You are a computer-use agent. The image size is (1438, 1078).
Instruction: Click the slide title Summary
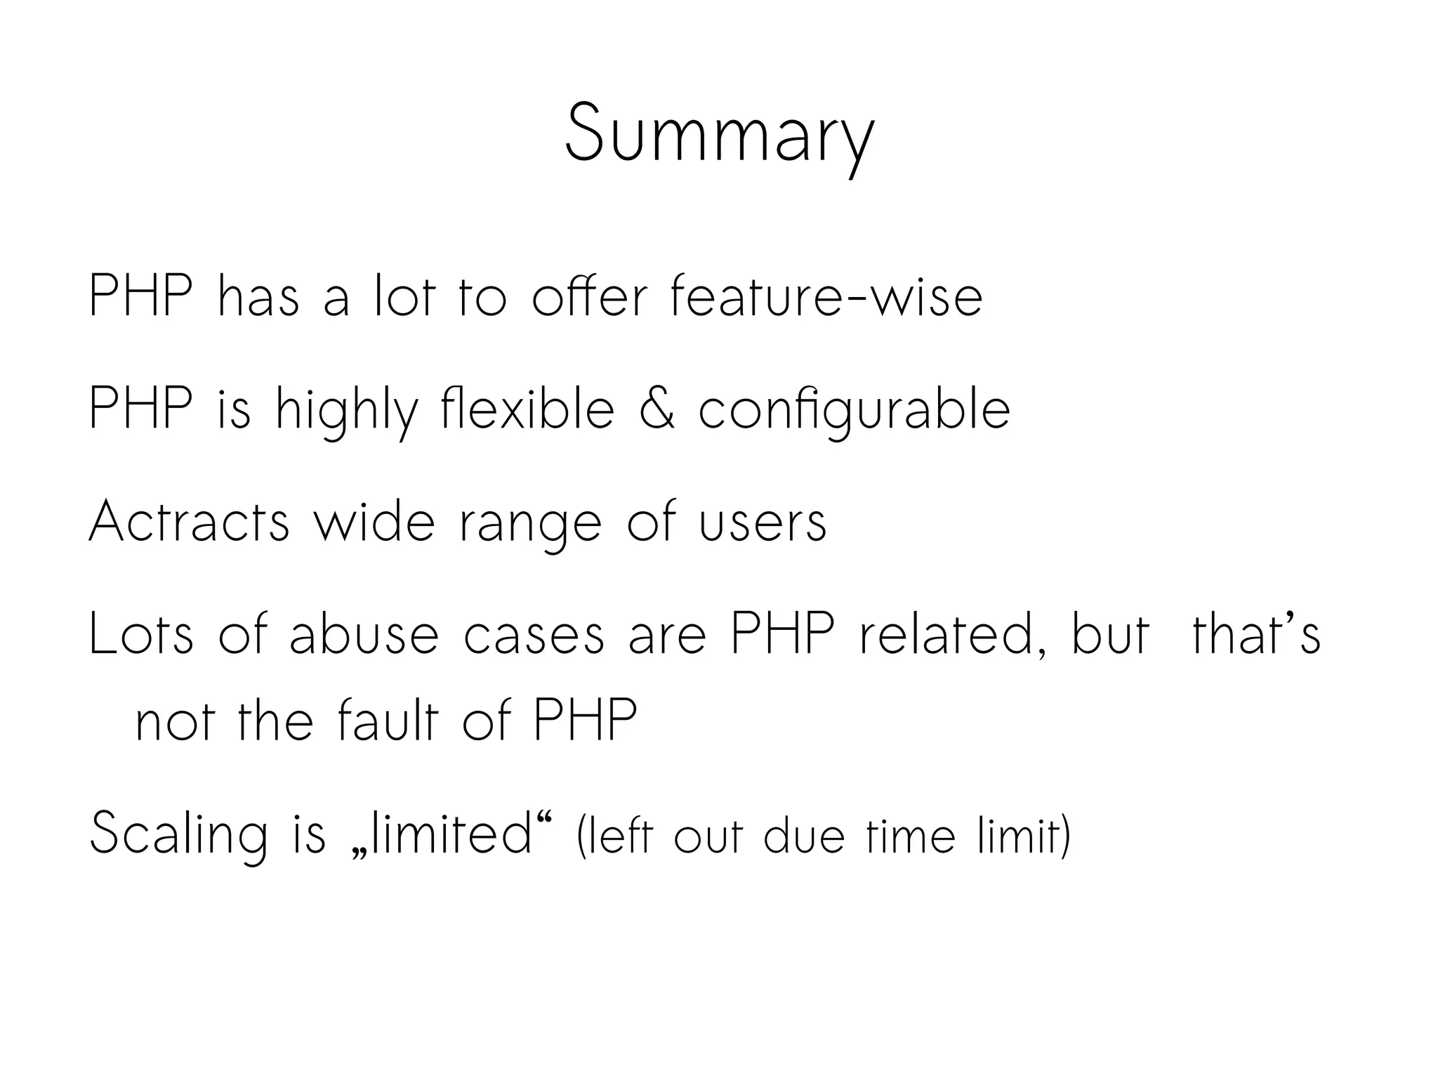(720, 133)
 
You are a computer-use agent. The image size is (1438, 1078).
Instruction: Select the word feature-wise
(826, 297)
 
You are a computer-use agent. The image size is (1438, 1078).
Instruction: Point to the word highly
(346, 411)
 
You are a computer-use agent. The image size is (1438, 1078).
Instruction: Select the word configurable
(854, 411)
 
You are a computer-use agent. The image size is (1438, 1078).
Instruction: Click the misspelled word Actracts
(189, 522)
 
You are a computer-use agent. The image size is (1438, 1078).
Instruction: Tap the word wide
(374, 522)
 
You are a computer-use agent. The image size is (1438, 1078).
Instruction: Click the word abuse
(364, 634)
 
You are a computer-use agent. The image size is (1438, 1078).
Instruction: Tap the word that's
(1256, 634)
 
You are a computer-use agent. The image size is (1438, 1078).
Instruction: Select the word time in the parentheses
(911, 836)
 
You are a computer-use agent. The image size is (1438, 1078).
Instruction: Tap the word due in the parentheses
(803, 836)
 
